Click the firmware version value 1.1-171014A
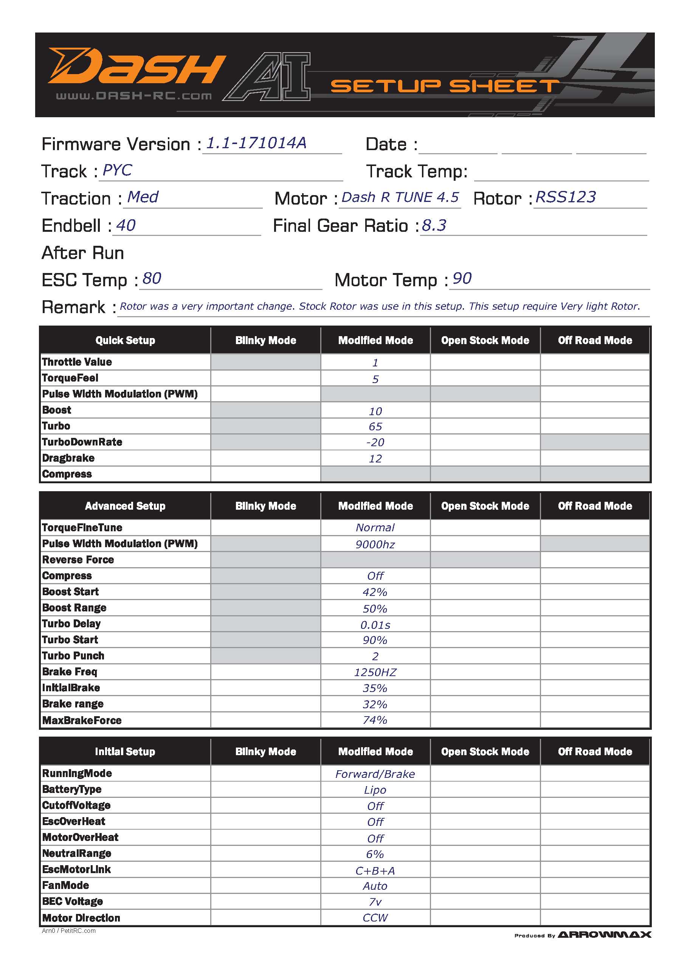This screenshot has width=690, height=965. pyautogui.click(x=256, y=143)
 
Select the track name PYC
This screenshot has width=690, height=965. pyautogui.click(x=117, y=171)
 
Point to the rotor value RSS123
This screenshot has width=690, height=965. pyautogui.click(x=565, y=197)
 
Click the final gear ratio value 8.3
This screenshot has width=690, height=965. pyautogui.click(x=434, y=226)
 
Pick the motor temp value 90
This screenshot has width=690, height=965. pyautogui.click(x=462, y=279)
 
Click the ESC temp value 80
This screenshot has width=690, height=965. pyautogui.click(x=152, y=279)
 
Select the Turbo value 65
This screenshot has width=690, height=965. pyautogui.click(x=375, y=427)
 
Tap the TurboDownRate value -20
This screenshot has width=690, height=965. pyautogui.click(x=375, y=443)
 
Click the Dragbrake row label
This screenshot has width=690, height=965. pyautogui.click(x=68, y=458)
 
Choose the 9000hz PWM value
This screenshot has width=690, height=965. pyautogui.click(x=375, y=545)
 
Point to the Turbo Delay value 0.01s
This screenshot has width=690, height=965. pyautogui.click(x=375, y=625)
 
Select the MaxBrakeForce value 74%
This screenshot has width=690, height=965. pyautogui.click(x=375, y=720)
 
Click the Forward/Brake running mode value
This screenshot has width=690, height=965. pyautogui.click(x=375, y=774)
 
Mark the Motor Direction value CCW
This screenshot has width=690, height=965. pyautogui.click(x=375, y=918)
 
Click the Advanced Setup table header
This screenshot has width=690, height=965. pyautogui.click(x=125, y=506)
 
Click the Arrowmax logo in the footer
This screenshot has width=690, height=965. pyautogui.click(x=604, y=934)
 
